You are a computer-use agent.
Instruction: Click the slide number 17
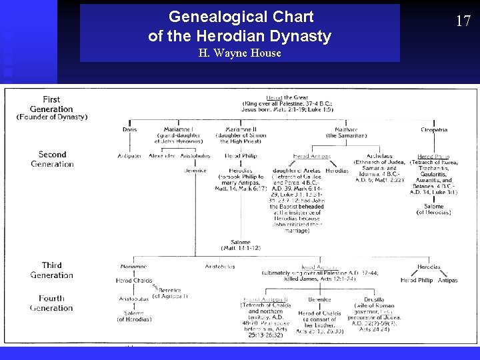[463, 21]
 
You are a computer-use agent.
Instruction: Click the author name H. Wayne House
[240, 53]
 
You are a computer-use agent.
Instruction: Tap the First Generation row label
[51, 105]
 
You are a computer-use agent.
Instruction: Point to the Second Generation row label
[52, 159]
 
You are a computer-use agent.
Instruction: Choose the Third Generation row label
[52, 270]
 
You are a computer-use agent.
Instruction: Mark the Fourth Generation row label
[51, 303]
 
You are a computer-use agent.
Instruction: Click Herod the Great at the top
[287, 98]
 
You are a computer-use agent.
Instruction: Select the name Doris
[129, 129]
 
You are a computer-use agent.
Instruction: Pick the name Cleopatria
[434, 129]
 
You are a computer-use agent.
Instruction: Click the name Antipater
[129, 156]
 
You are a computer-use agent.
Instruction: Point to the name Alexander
[162, 156]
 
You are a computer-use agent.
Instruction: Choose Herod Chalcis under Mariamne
[133, 281]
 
